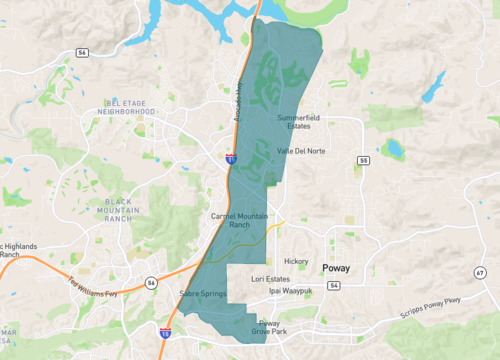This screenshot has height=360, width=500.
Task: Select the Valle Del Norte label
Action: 299,151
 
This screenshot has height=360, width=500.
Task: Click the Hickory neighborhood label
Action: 296,261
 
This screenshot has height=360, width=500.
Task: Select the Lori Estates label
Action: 270,279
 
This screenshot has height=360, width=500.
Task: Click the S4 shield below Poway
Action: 333,285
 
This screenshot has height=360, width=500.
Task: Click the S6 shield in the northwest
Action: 82,51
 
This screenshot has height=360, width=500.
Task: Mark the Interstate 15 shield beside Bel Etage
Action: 231,158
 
